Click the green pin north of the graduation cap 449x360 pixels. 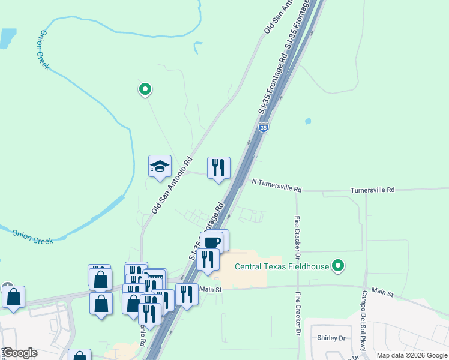click(x=145, y=89)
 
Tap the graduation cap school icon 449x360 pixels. click(x=160, y=166)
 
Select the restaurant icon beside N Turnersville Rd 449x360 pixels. click(x=218, y=167)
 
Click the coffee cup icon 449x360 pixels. click(x=211, y=242)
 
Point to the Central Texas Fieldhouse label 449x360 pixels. click(x=282, y=266)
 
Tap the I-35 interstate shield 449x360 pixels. click(x=264, y=127)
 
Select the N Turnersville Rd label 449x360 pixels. click(x=276, y=185)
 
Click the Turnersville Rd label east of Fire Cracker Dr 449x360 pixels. click(x=373, y=190)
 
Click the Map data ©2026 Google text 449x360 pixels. click(x=411, y=355)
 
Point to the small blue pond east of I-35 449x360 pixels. click(x=308, y=121)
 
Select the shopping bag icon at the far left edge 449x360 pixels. click(x=13, y=297)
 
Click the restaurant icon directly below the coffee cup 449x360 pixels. click(x=208, y=260)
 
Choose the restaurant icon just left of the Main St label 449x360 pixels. click(x=187, y=294)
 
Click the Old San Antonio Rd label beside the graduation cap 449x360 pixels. click(x=172, y=185)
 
